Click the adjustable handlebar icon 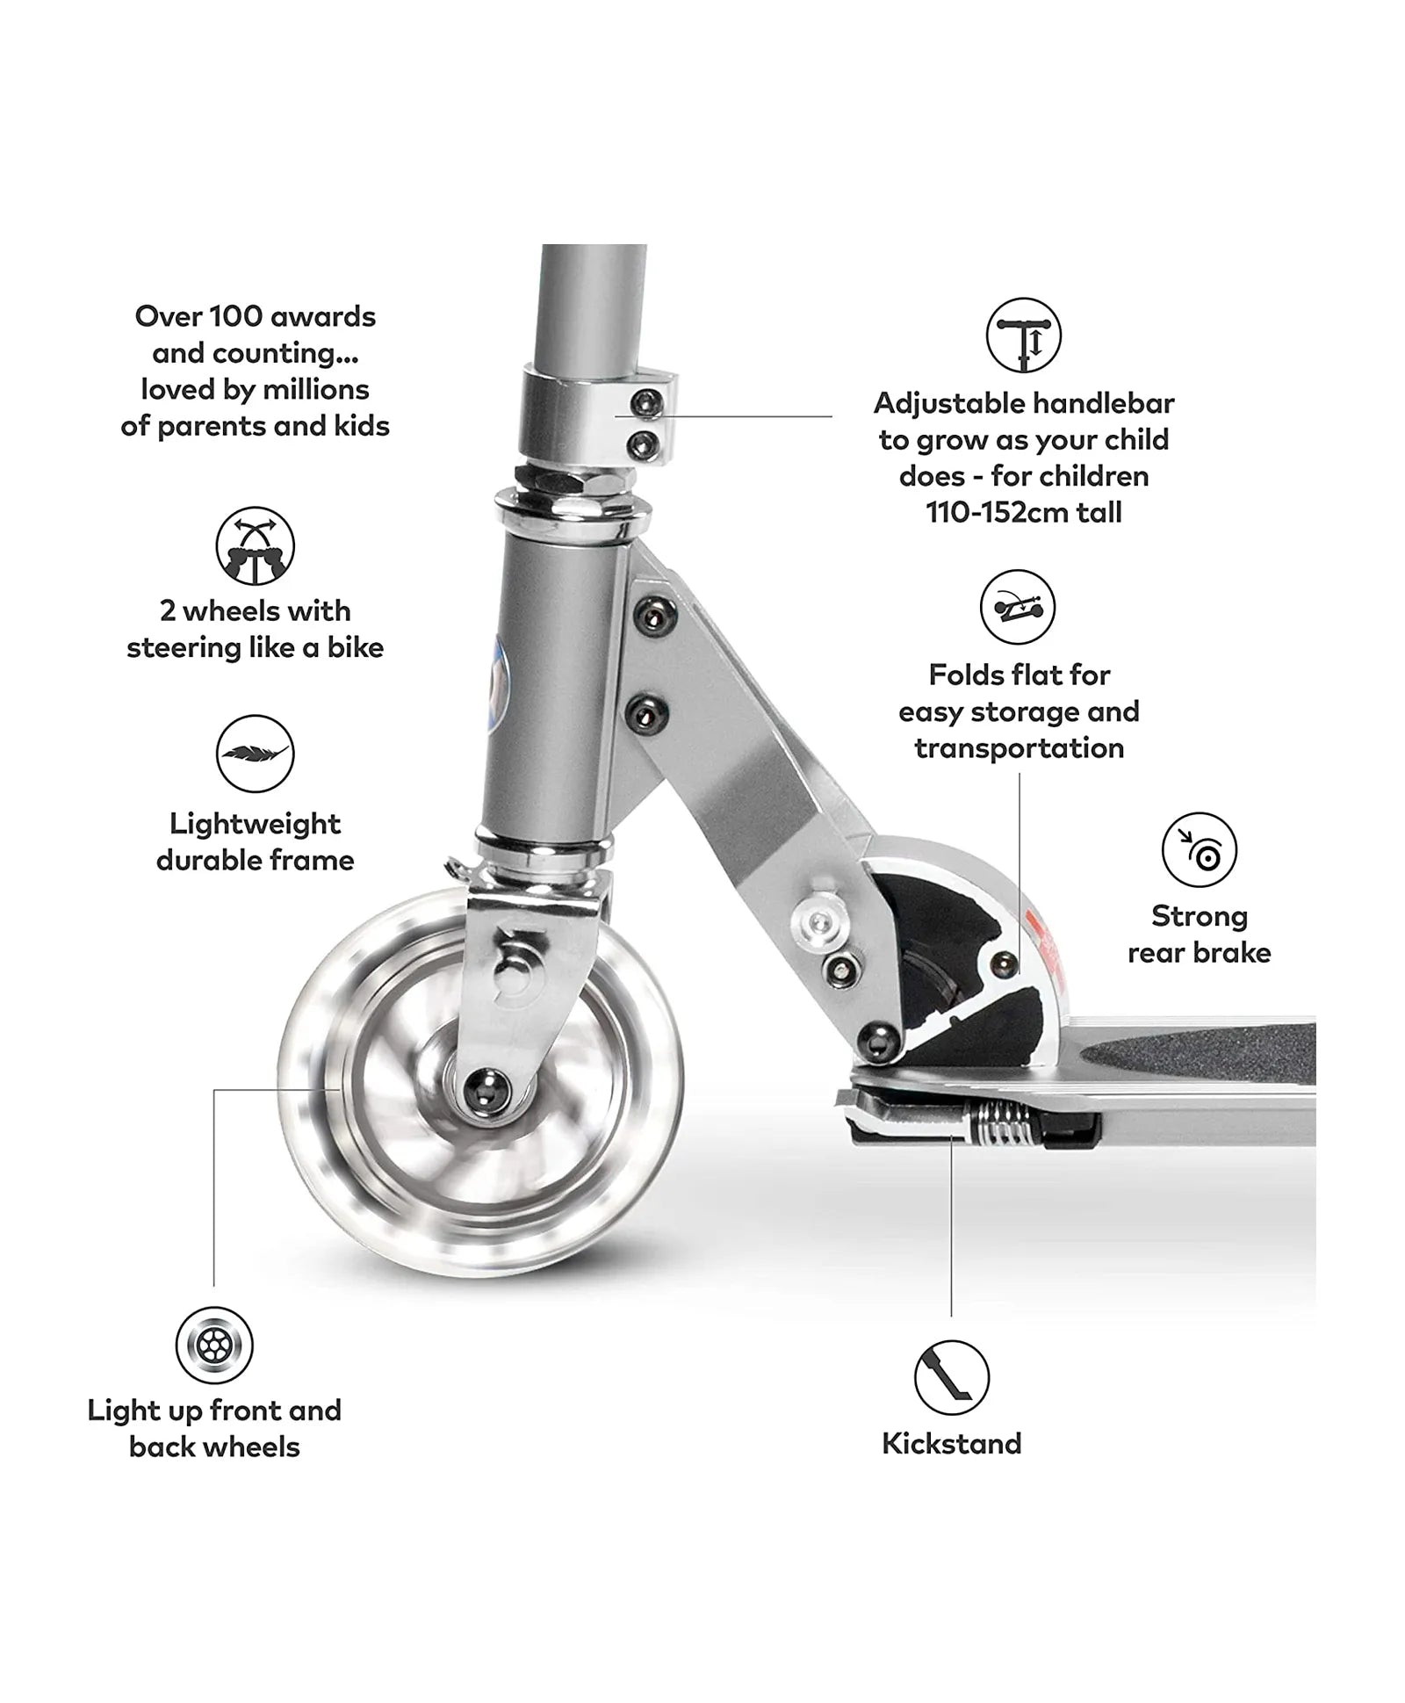[1023, 336]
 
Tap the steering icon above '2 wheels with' [255, 545]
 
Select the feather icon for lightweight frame [255, 754]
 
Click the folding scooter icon [1017, 607]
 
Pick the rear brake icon [1199, 849]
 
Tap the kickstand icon [951, 1377]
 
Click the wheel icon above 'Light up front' [213, 1346]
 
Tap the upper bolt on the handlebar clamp [647, 403]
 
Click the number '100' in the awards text [236, 316]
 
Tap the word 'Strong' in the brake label [1199, 916]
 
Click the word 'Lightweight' [255, 824]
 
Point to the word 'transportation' [1019, 748]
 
